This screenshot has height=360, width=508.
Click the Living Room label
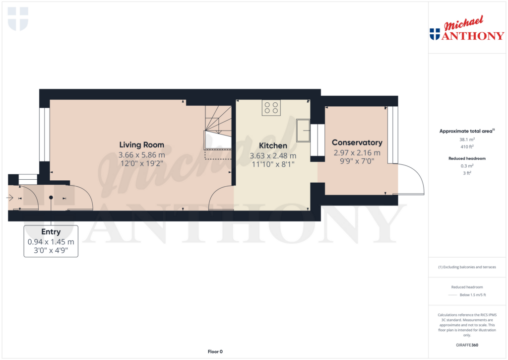click(x=141, y=145)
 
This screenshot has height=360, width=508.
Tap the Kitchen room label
click(x=273, y=146)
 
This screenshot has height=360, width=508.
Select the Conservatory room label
click(x=357, y=143)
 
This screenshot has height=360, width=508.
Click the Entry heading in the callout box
click(x=51, y=232)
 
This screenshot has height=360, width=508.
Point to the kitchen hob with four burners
click(x=271, y=108)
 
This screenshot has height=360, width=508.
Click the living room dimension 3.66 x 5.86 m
click(x=141, y=155)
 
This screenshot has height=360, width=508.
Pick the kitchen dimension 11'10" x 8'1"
click(x=273, y=164)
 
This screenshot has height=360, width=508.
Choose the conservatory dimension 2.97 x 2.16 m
click(x=357, y=153)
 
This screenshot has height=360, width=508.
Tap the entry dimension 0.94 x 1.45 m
click(x=51, y=242)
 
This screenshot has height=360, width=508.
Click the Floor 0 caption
click(x=215, y=352)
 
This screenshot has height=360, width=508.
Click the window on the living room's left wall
click(x=45, y=135)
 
